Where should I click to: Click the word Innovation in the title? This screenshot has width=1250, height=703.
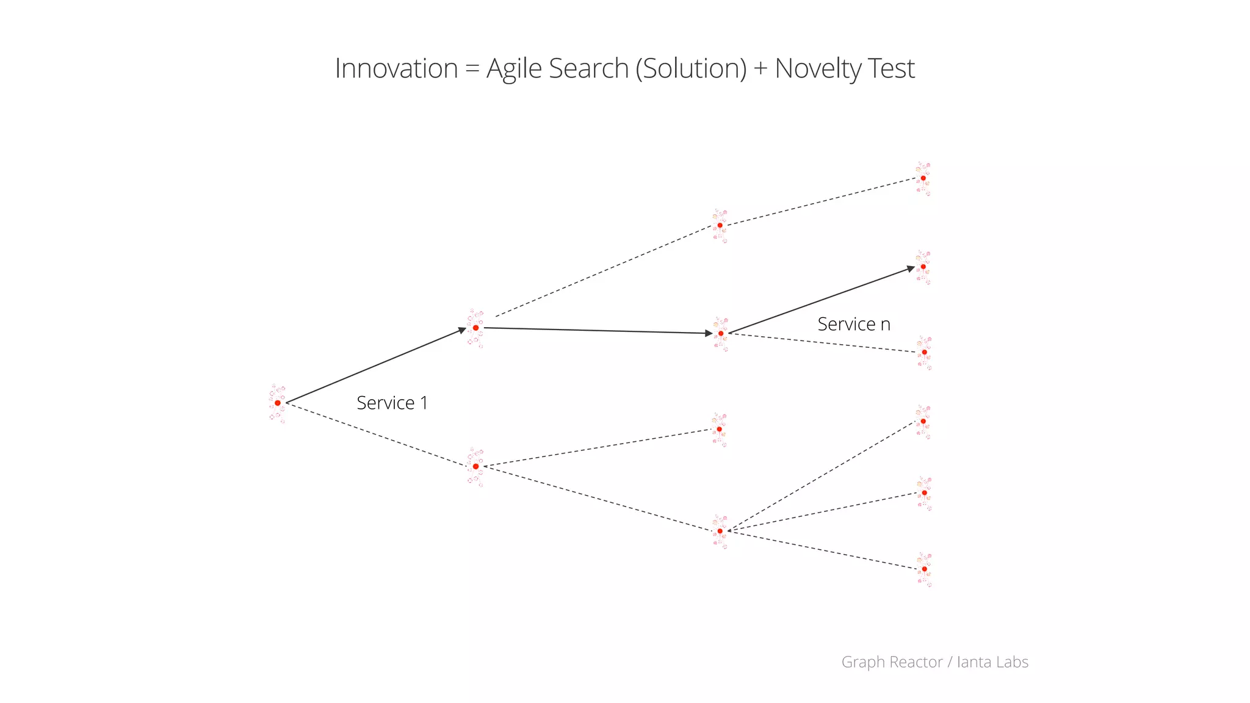coord(396,68)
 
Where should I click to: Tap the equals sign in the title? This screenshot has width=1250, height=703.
coord(472,69)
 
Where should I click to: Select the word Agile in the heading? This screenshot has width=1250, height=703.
coord(514,69)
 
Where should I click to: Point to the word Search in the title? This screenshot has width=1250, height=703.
coord(588,68)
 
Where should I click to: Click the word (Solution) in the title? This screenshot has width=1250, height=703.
coord(691,69)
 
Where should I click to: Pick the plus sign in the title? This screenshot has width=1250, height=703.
coord(760,69)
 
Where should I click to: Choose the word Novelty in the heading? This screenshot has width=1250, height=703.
coord(818,69)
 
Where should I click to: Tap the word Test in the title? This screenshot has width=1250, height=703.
coord(891,68)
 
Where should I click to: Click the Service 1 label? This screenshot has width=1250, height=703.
coord(392,403)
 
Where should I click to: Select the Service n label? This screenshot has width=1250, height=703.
coord(854,324)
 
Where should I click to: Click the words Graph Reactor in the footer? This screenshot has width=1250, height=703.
coord(892,662)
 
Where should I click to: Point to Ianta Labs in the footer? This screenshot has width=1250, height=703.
coord(992,662)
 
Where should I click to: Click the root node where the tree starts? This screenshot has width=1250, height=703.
coord(278,403)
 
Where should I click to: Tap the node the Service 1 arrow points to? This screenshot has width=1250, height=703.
coord(475,328)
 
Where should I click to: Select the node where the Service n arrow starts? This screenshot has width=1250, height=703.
coord(720,333)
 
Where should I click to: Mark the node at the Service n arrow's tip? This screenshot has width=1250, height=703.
coord(923,267)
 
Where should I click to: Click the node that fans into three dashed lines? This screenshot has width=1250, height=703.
coord(720,531)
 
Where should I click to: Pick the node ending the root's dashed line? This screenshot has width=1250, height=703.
coord(475,466)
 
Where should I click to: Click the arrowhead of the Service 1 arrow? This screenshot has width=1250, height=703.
coord(463,331)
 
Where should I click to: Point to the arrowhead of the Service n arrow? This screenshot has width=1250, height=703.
coord(911,269)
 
